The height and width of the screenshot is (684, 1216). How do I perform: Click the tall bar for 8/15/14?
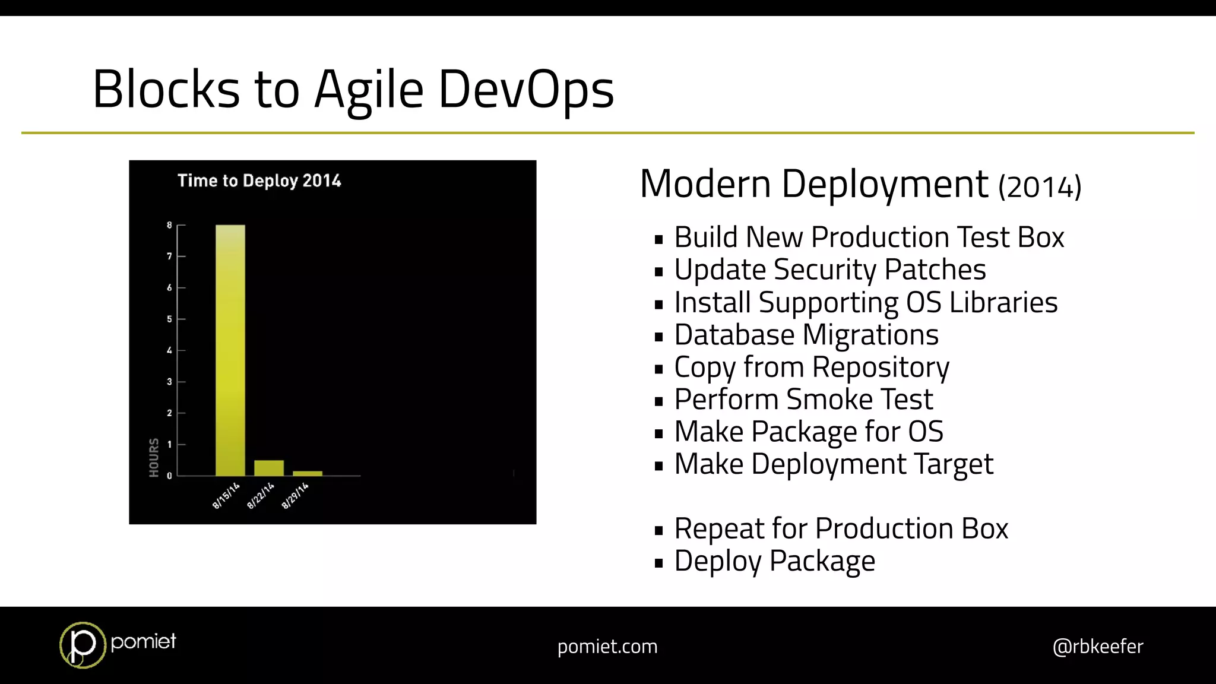coord(230,350)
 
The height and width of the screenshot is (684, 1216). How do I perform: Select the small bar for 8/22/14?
coord(269,468)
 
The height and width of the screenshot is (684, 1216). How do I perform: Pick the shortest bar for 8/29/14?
coord(308,473)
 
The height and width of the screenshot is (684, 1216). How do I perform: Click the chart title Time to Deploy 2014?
coord(259,180)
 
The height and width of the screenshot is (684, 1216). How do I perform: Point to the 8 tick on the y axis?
coord(169,225)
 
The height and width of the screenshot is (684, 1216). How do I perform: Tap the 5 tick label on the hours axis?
coord(169,319)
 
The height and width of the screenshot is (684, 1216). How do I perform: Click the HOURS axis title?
coord(154,457)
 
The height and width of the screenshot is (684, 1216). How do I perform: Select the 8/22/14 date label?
coord(261,496)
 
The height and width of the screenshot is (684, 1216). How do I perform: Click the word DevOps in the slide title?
coord(525,89)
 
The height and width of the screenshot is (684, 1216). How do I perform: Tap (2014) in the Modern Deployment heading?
coord(1039,187)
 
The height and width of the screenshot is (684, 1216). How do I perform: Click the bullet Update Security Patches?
coord(829,270)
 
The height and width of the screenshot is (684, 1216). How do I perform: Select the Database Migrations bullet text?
coord(806,335)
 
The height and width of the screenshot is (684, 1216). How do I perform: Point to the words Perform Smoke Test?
coord(803,399)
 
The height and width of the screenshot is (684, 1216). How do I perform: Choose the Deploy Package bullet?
coord(774,561)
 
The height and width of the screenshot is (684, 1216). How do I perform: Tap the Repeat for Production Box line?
coord(841,528)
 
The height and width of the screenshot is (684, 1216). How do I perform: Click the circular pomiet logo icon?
coord(82,645)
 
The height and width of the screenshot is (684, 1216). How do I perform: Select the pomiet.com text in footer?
coord(607,646)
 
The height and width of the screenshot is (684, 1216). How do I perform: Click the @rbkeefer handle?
coord(1097,646)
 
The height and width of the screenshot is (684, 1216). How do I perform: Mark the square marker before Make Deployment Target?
coord(658,466)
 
